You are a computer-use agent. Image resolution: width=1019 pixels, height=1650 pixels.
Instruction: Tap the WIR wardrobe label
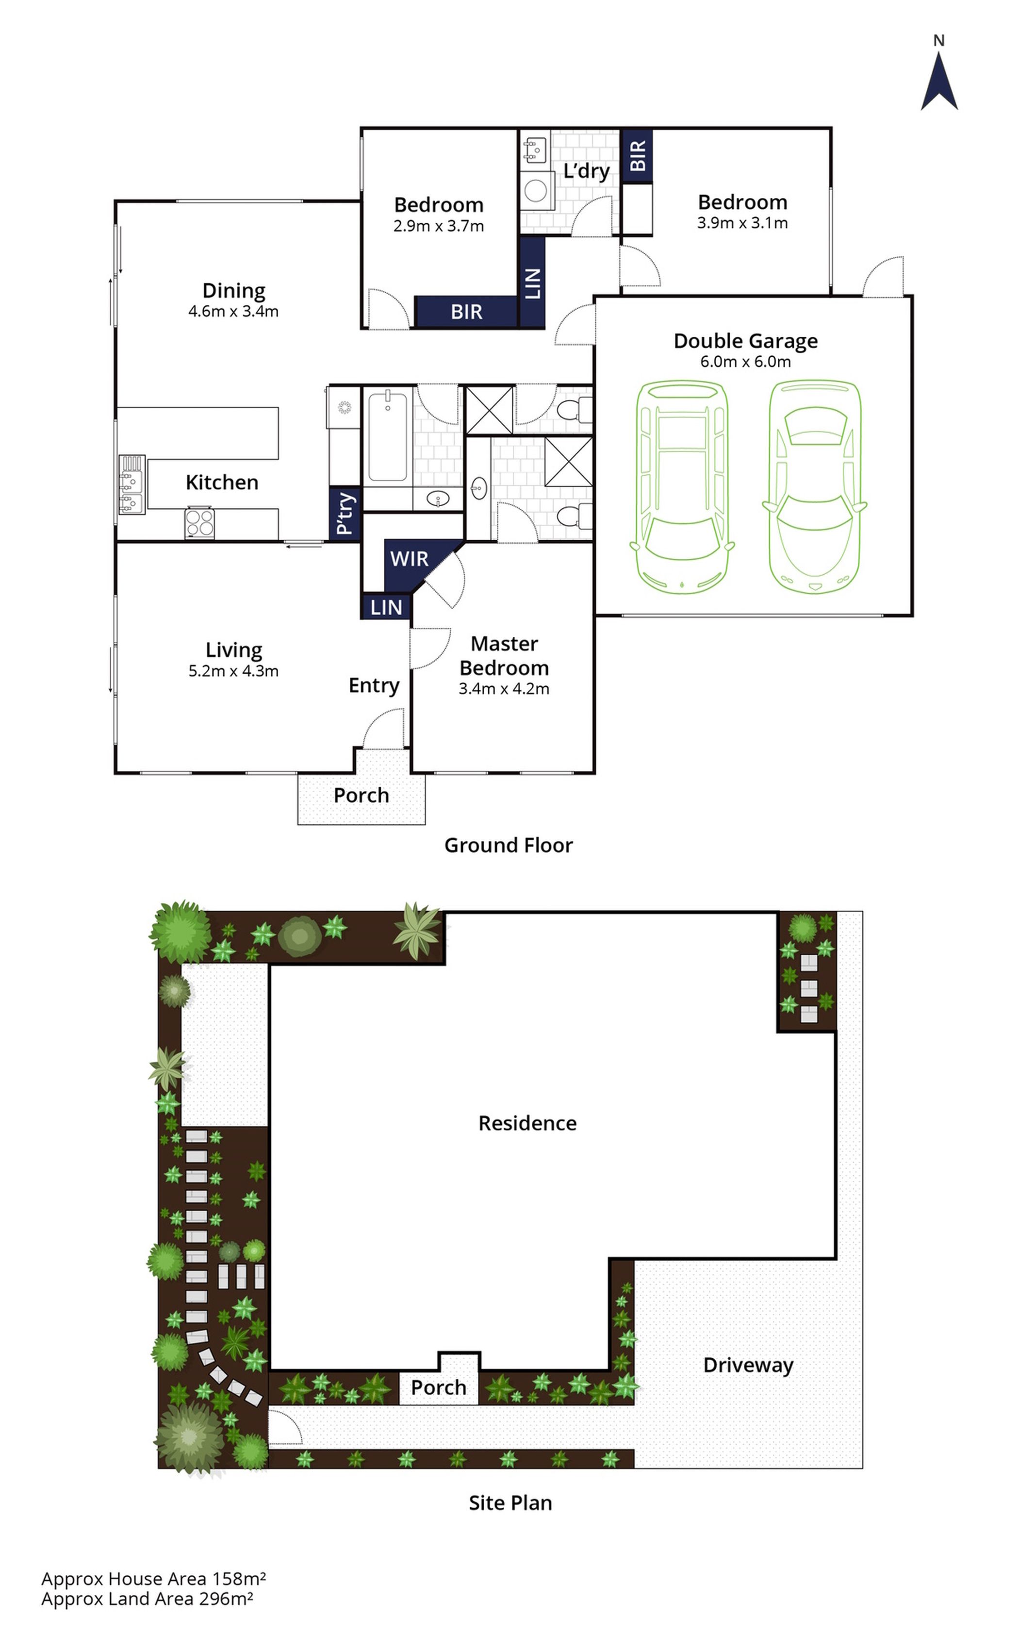(x=409, y=559)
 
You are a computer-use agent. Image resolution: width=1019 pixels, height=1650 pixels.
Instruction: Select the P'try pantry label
(x=345, y=513)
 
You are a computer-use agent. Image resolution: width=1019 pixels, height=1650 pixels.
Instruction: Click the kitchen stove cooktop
(x=199, y=522)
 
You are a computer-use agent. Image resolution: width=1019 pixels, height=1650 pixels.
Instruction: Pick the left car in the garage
(x=682, y=486)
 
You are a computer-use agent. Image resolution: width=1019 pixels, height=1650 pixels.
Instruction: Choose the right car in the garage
(x=815, y=486)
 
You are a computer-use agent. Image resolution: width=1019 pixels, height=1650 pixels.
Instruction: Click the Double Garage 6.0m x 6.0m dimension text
(x=745, y=361)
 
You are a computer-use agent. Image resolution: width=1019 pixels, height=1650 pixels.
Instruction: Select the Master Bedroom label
(x=504, y=656)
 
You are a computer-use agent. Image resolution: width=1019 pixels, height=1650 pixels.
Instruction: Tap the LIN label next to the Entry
(x=386, y=607)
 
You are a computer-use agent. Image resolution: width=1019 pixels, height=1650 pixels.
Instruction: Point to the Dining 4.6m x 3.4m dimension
(x=233, y=311)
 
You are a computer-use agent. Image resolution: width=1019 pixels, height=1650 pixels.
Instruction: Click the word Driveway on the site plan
(x=748, y=1365)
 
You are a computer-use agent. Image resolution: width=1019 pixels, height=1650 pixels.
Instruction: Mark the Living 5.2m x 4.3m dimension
(x=233, y=671)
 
